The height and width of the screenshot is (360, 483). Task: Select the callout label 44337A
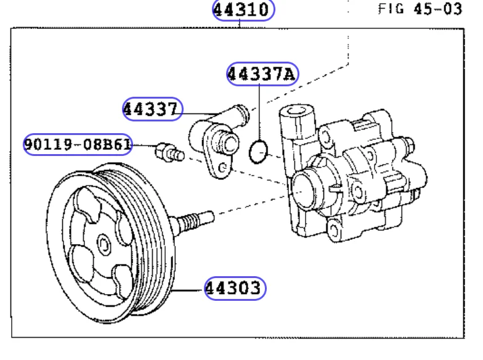pos(262,74)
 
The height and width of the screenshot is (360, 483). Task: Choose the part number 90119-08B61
pos(78,144)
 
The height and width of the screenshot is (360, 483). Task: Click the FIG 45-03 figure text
pos(420,9)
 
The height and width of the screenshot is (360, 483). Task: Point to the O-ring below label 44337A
pos(258,152)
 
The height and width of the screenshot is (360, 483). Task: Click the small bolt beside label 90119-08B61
pos(170,153)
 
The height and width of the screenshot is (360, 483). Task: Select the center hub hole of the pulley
pos(104,244)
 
